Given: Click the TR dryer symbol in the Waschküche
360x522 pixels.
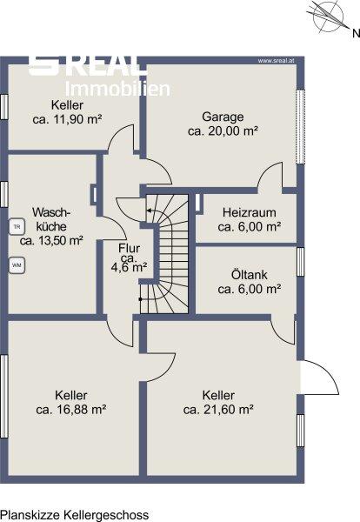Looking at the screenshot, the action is [x=17, y=227].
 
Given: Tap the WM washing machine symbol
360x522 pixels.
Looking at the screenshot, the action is [x=17, y=265].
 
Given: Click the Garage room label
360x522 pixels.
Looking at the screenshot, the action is [x=223, y=117].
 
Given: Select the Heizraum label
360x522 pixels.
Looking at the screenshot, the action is [x=250, y=212].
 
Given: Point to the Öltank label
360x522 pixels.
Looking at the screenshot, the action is [x=250, y=275].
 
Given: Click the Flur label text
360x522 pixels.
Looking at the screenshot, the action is [x=129, y=248].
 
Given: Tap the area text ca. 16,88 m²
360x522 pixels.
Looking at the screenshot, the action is [x=70, y=410].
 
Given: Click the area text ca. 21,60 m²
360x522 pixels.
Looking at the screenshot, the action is [x=218, y=410].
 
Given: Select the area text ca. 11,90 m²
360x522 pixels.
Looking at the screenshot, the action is [x=67, y=119].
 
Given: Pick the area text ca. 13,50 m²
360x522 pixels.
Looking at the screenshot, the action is [x=51, y=240].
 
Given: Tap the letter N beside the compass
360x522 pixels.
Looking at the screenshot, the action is [x=356, y=33].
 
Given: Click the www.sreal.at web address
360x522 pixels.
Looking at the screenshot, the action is [x=276, y=61].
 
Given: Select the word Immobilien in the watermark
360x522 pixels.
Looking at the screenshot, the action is [x=117, y=90].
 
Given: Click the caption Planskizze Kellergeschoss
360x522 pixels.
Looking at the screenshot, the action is [x=75, y=515].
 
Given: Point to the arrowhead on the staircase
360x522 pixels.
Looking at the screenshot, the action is [x=149, y=211].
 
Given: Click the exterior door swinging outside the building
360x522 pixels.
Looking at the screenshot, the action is [x=319, y=378].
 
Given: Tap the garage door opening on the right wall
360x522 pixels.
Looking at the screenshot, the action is [x=301, y=126].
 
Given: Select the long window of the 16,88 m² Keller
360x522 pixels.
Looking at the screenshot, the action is [x=4, y=396].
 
